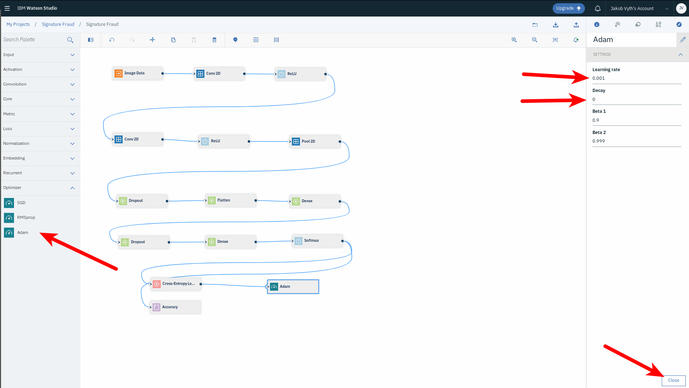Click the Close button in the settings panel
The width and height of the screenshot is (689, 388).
coord(673,380)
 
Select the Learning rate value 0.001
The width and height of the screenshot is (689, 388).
coord(599,78)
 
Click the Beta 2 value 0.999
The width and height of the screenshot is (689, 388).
coord(599,141)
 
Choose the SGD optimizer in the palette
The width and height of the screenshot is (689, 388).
coord(21,203)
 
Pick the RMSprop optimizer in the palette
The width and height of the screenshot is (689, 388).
coord(26,218)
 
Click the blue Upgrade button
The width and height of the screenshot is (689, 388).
coord(568,8)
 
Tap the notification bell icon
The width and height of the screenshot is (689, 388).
coord(597,8)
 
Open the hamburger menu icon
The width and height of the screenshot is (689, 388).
coord(7,8)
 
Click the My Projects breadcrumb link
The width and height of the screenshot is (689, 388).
coord(18,24)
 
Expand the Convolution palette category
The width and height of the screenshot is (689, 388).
coord(39,84)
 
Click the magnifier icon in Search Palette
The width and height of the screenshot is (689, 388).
coord(70,40)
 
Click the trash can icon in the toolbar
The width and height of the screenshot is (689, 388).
coord(214,40)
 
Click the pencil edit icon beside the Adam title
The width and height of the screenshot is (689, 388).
coord(683,40)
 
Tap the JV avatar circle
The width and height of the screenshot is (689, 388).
coord(681,8)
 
